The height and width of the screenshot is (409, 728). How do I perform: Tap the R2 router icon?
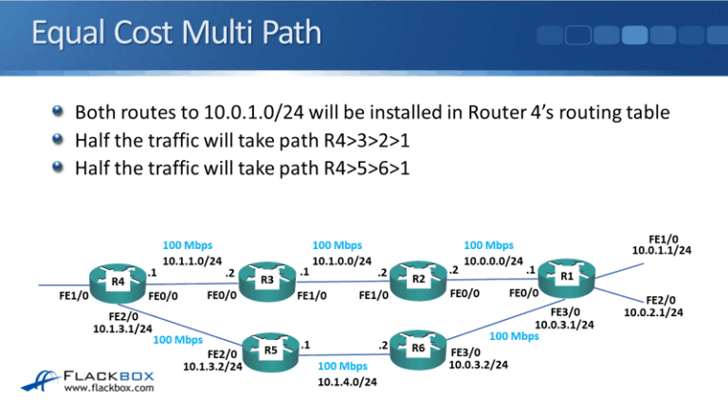417,280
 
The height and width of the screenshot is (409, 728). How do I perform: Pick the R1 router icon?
566,276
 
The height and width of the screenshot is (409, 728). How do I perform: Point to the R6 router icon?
418,349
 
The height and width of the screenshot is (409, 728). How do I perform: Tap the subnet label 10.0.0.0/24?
493,259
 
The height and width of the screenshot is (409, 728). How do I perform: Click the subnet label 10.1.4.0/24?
347,382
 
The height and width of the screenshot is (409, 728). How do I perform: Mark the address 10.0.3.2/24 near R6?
478,364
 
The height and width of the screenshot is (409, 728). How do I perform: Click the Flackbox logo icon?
40,379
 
